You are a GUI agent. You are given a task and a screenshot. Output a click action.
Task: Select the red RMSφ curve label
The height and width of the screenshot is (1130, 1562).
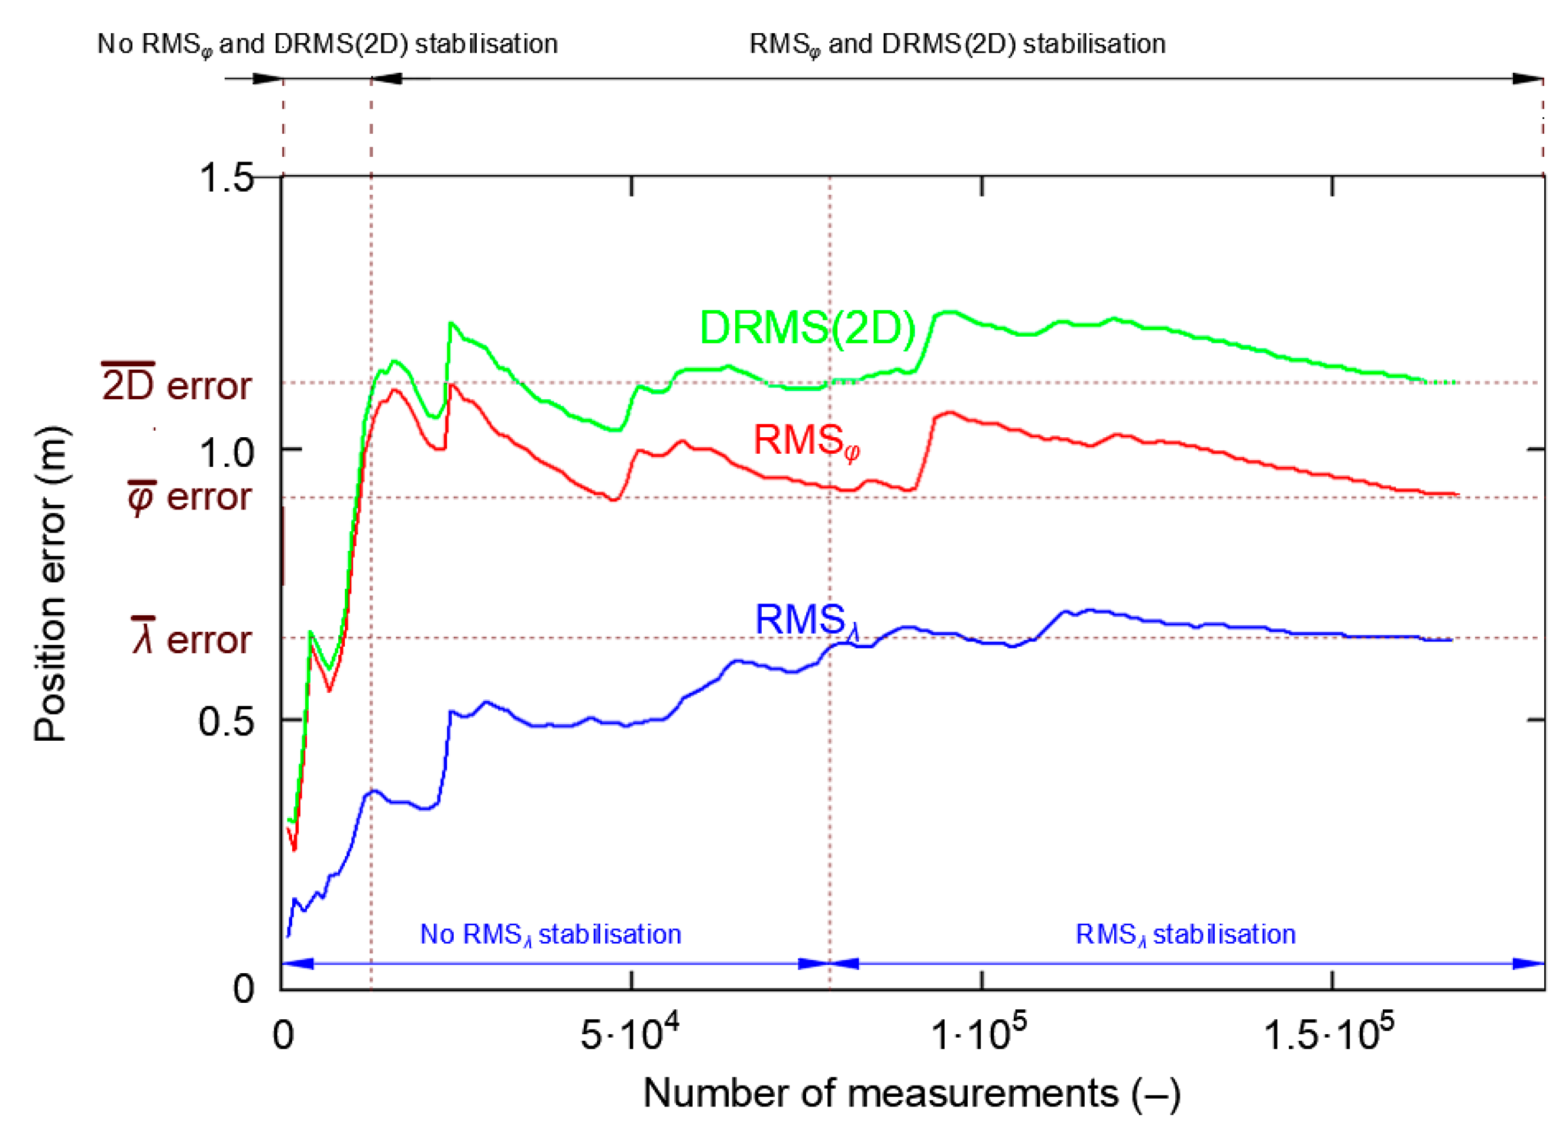pyautogui.click(x=806, y=441)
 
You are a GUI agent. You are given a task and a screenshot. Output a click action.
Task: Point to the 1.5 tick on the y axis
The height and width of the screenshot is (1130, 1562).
pyautogui.click(x=226, y=177)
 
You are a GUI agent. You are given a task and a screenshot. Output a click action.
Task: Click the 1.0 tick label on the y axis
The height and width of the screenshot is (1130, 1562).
pyautogui.click(x=226, y=453)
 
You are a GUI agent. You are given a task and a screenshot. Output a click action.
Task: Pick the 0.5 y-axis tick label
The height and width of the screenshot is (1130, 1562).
pyautogui.click(x=226, y=722)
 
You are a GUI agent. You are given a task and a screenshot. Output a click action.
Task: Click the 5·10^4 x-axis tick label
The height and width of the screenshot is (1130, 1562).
pyautogui.click(x=629, y=1034)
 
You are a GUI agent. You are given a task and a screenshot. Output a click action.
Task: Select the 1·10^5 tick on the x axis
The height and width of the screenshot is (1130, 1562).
pyautogui.click(x=979, y=1034)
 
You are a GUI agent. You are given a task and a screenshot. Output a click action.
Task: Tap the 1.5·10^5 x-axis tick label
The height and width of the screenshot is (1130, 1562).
pyautogui.click(x=1328, y=1034)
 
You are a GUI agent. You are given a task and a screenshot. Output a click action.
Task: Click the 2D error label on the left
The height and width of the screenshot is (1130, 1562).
pyautogui.click(x=176, y=385)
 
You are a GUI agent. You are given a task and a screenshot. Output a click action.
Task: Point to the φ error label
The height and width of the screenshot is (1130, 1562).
pyautogui.click(x=189, y=497)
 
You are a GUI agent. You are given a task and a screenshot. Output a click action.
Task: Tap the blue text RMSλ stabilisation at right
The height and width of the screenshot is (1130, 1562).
pyautogui.click(x=1185, y=935)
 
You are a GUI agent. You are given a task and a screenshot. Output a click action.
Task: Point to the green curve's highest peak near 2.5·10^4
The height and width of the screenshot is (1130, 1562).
pyautogui.click(x=451, y=323)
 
